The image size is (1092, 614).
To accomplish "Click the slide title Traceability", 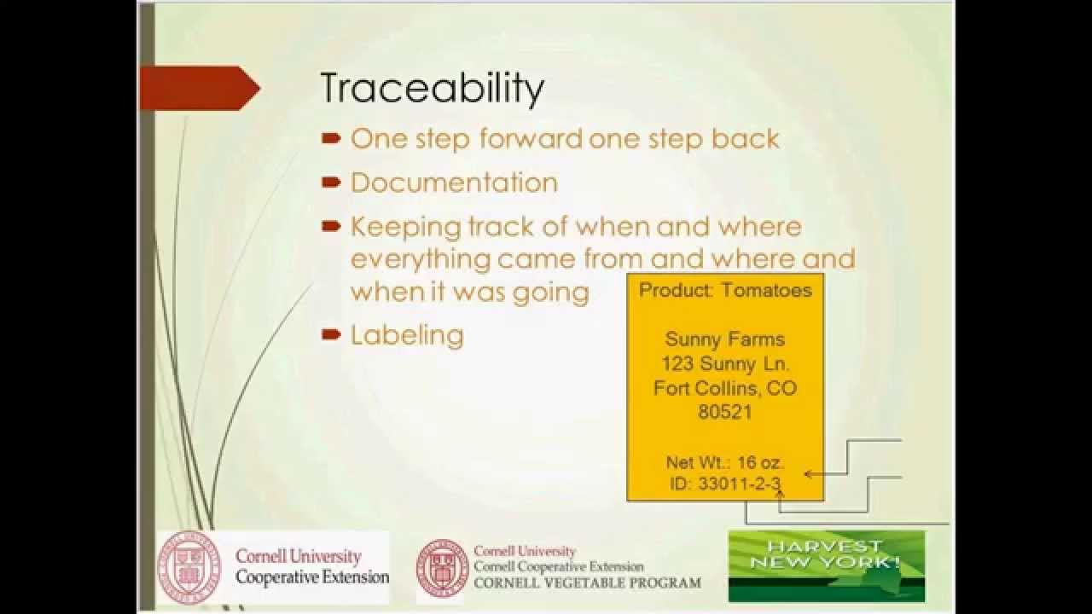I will coord(432,90).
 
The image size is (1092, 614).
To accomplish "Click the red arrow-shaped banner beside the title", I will coord(200,88).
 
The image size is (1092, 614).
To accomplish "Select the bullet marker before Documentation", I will coord(331,182).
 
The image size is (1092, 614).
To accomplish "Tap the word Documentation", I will coord(454,182).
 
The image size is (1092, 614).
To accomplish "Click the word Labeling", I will coord(407,334).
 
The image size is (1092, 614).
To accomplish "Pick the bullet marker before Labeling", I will coord(331,334).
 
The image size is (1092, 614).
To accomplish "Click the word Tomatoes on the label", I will coord(766,290).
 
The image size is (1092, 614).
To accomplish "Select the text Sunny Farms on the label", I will coord(724,339).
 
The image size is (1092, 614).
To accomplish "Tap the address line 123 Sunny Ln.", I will coord(725,364).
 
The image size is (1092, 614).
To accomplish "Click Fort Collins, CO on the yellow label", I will coord(725,389).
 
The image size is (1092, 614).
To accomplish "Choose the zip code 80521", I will coord(724,413).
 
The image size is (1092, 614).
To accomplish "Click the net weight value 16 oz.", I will coord(760,463).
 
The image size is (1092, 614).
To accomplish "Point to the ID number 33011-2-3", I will coord(739,484).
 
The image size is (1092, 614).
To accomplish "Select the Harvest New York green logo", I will coord(826,565).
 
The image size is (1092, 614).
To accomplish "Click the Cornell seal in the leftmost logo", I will coord(189,568).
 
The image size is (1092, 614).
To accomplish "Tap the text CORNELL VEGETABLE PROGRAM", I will coord(587,583).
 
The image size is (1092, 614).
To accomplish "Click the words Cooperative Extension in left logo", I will coord(311,577).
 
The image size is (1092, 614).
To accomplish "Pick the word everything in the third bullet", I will coord(421,258).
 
